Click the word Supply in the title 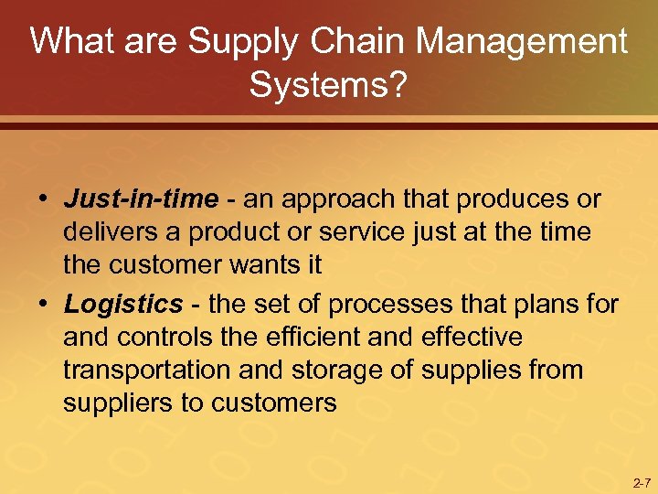click(246, 42)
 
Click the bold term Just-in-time click(141, 199)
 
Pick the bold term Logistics click(123, 304)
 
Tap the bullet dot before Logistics click(44, 305)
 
